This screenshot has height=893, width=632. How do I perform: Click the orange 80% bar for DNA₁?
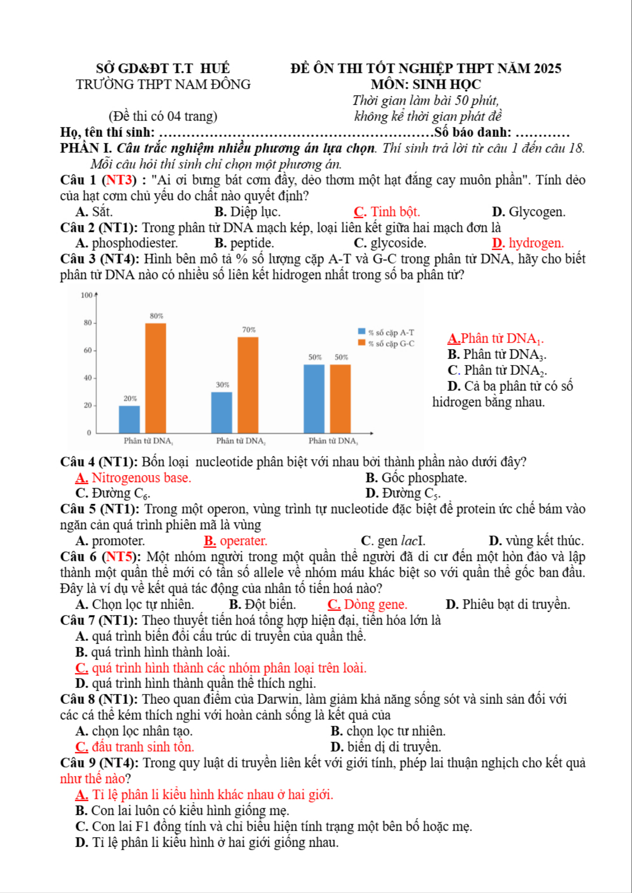point(156,378)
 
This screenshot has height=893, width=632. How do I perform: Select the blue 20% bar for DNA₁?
point(129,419)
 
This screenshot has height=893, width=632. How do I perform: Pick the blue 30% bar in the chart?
point(222,412)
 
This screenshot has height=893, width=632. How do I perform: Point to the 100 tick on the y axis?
point(87,295)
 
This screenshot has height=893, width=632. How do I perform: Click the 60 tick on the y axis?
point(88,350)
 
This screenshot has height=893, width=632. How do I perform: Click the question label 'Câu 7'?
point(78,620)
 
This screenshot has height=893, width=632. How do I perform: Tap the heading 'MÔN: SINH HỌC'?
point(426,84)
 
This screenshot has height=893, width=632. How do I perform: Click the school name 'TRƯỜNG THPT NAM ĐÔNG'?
point(163,84)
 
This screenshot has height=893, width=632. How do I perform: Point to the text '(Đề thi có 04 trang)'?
point(163,116)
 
